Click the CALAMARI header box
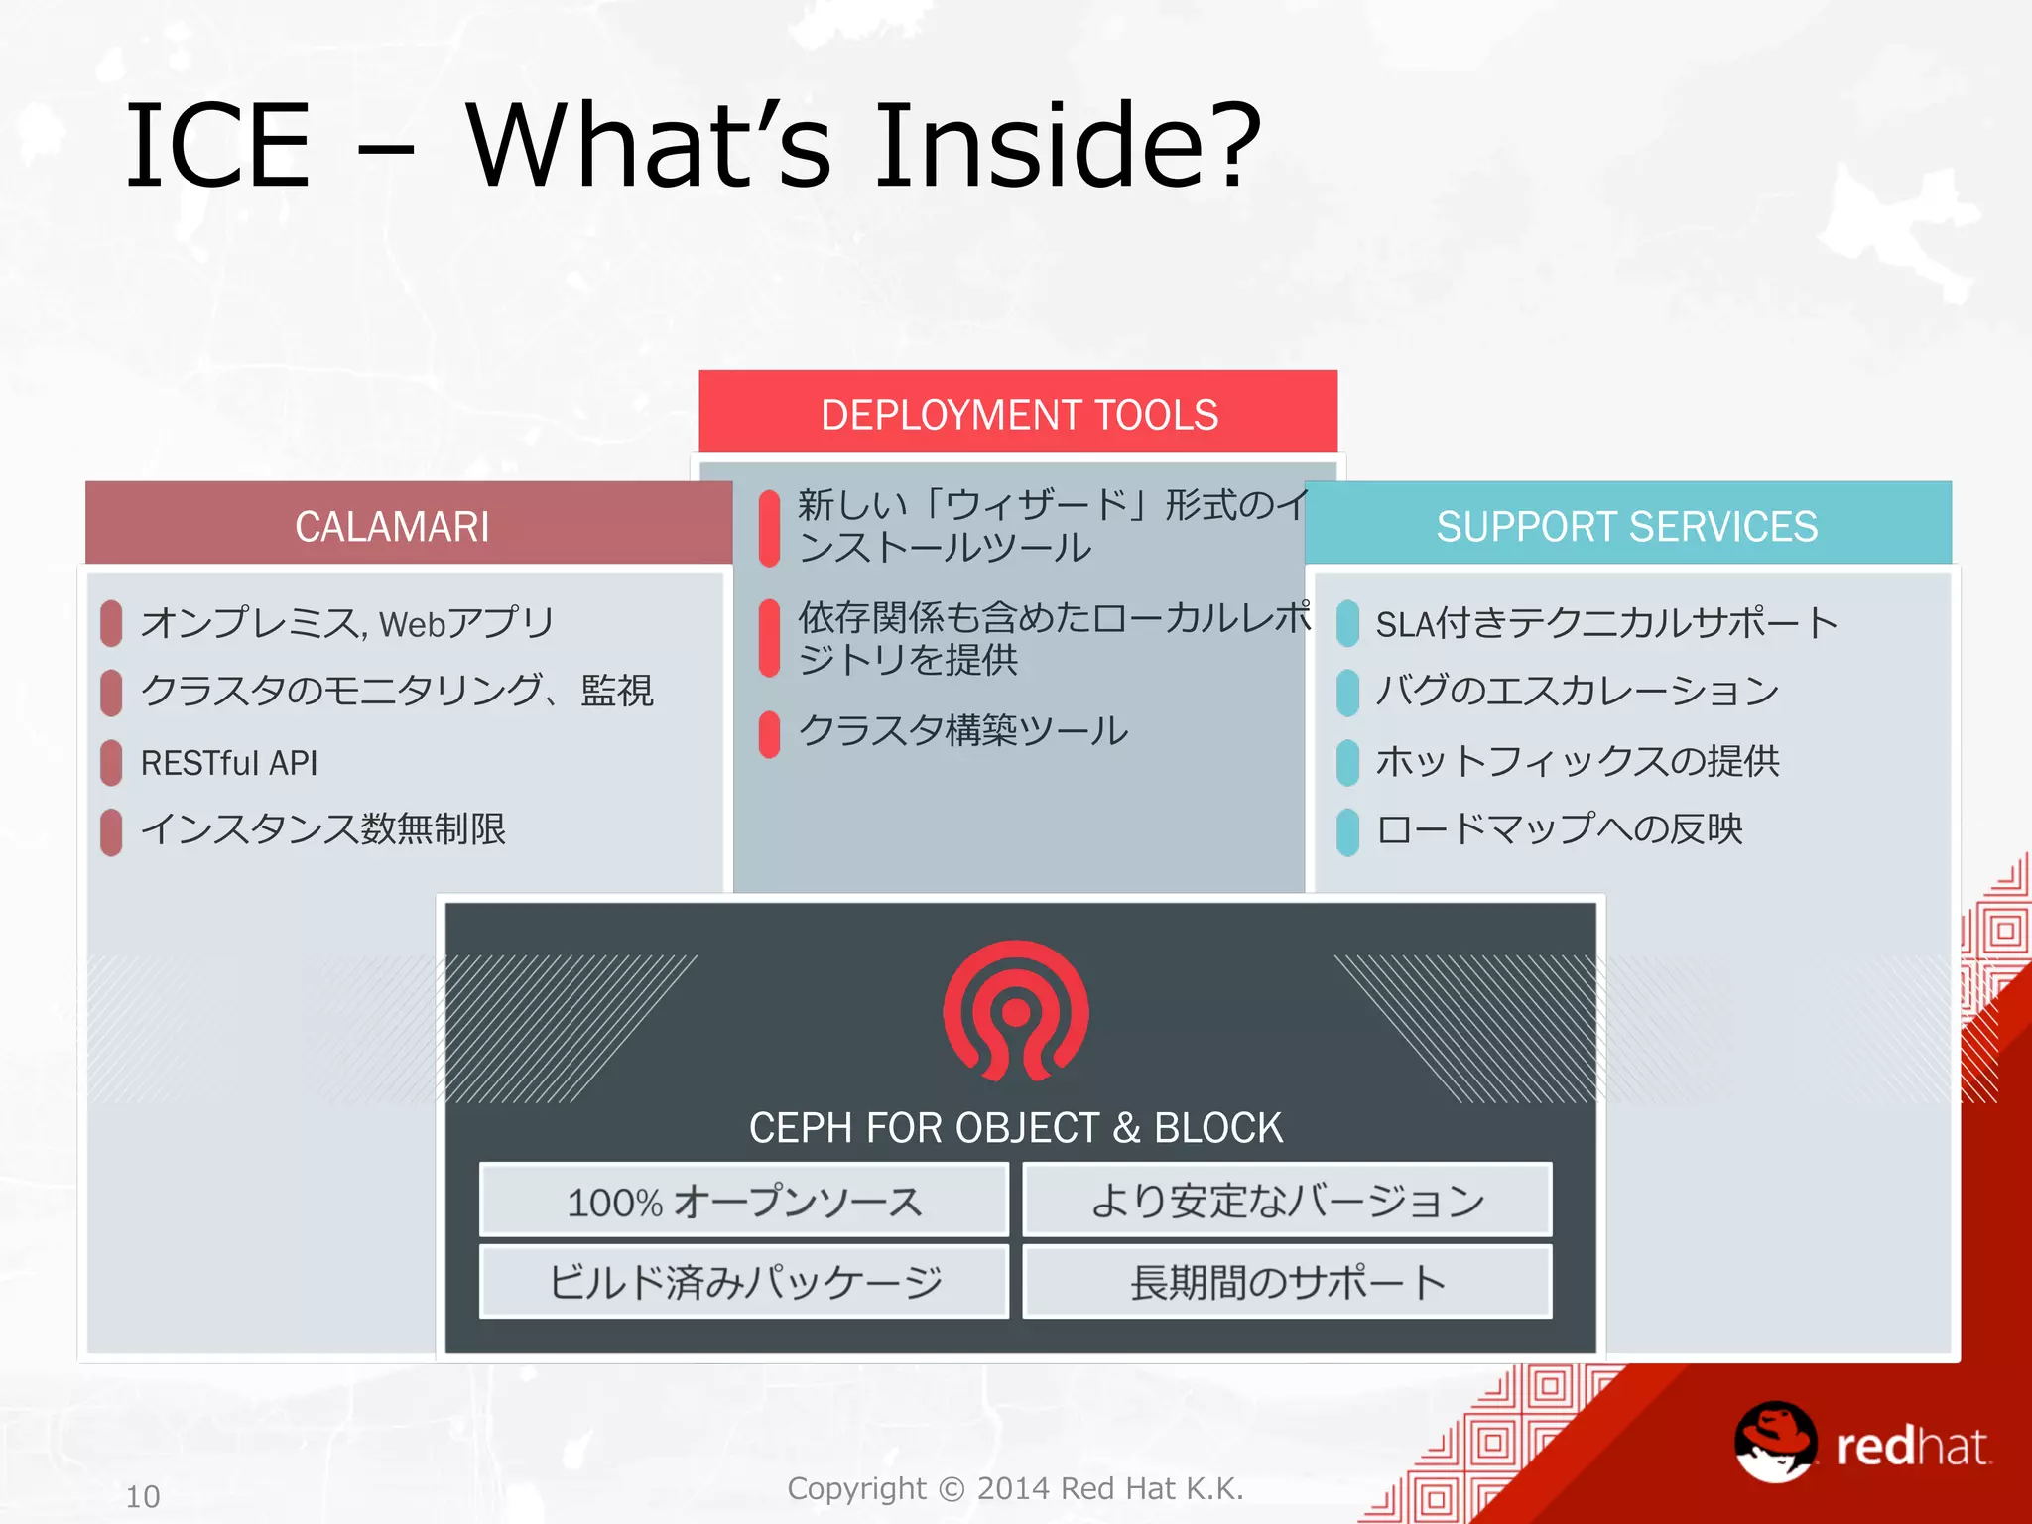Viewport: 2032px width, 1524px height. click(x=393, y=524)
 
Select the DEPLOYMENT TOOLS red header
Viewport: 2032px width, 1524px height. click(x=1018, y=413)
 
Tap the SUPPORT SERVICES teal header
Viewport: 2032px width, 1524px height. click(x=1627, y=524)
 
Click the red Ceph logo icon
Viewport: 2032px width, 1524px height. click(x=1016, y=1011)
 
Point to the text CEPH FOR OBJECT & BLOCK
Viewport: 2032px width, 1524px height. click(x=1016, y=1128)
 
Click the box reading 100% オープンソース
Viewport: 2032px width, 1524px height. click(x=744, y=1201)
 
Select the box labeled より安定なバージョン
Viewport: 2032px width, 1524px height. click(x=1287, y=1201)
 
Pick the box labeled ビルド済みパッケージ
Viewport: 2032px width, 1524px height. click(x=744, y=1282)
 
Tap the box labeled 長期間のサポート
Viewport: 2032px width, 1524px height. click(x=1287, y=1282)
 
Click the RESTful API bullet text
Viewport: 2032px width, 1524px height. click(x=229, y=763)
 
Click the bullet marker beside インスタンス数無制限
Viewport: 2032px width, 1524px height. click(x=111, y=831)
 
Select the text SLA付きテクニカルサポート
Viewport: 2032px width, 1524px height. click(x=1606, y=623)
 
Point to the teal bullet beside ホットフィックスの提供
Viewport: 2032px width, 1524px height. click(x=1347, y=762)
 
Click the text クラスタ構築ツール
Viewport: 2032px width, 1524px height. click(x=962, y=731)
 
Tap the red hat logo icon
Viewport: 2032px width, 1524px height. click(x=1776, y=1441)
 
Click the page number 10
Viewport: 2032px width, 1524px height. click(x=143, y=1496)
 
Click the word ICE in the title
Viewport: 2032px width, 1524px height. click(x=218, y=147)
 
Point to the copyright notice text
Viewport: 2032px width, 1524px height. click(x=1015, y=1488)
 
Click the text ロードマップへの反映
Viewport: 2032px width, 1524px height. click(x=1559, y=829)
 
